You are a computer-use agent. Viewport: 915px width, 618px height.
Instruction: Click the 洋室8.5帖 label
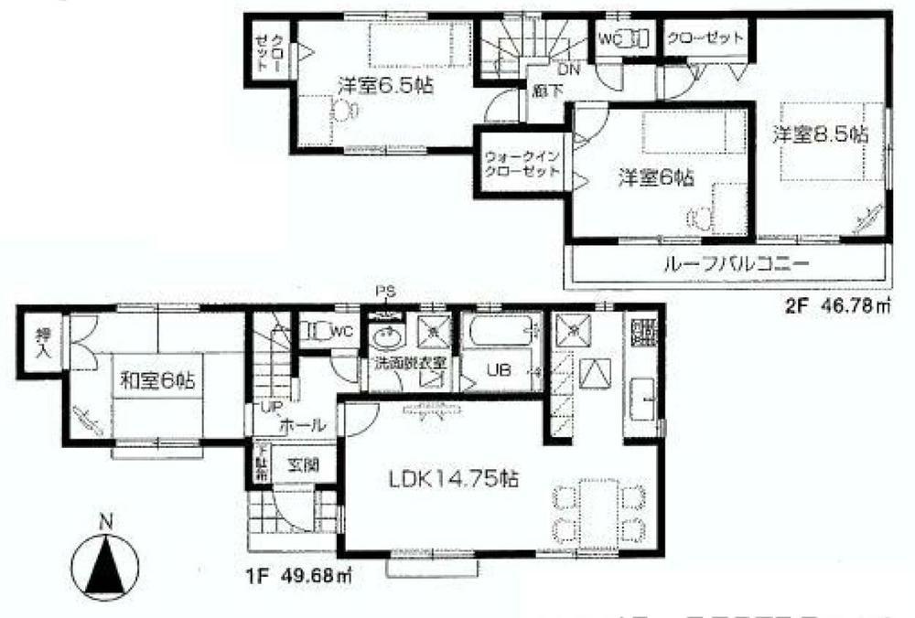(818, 134)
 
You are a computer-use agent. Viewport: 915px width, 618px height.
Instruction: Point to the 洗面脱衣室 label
(408, 363)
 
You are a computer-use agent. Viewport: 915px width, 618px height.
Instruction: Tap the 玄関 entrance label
(302, 464)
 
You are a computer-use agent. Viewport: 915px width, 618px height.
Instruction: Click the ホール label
(296, 424)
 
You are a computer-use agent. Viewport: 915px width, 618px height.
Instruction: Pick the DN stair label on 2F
(568, 69)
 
